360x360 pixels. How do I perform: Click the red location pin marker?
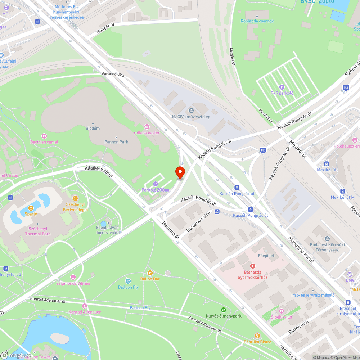point(180,172)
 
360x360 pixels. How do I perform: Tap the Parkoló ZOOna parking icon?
point(156,184)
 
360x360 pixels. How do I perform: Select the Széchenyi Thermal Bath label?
point(38,231)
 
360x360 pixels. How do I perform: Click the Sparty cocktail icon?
point(31,208)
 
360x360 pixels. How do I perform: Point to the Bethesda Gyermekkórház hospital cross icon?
point(252,266)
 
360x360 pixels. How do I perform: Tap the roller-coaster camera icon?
point(147,127)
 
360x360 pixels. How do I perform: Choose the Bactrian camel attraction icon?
point(44,136)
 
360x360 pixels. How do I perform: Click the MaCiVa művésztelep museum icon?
point(191,110)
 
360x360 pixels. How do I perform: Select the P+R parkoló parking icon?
point(282,87)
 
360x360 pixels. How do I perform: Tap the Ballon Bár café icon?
point(150,273)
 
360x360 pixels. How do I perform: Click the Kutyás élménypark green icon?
point(223,310)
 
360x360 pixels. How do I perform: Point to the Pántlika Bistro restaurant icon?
point(257,336)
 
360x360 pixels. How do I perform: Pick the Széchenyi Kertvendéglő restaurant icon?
point(75,198)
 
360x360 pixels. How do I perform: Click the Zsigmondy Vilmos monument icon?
point(73,277)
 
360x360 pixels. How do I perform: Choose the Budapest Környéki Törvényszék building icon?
point(327,239)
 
